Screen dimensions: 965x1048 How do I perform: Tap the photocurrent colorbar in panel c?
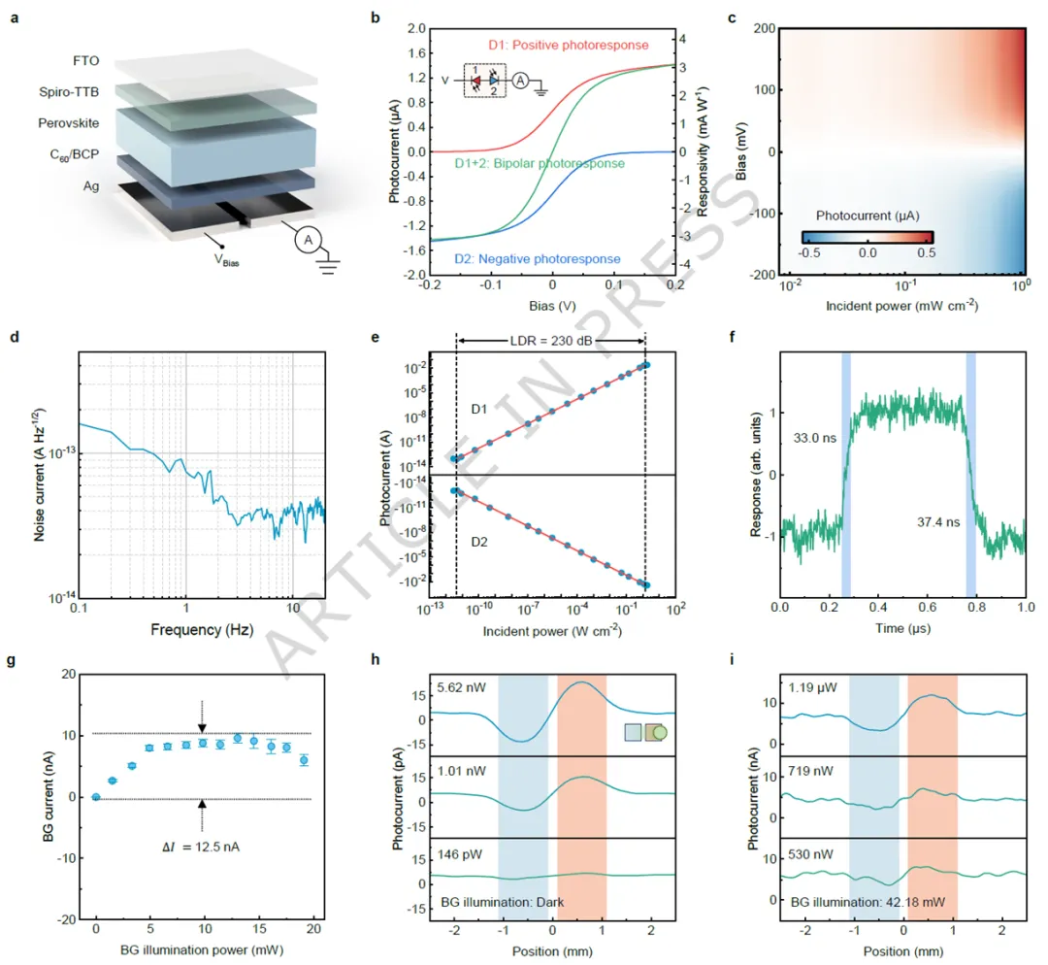(868, 236)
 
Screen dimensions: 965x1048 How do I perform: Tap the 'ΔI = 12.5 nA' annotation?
(201, 847)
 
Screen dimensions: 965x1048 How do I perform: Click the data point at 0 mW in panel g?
(95, 797)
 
